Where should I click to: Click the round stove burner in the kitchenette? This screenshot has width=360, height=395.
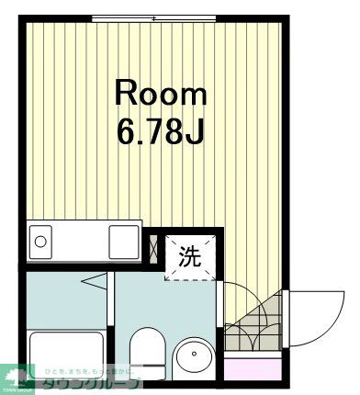point(40,243)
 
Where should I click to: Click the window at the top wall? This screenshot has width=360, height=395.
point(153,17)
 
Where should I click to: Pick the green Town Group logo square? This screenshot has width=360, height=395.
point(17,377)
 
